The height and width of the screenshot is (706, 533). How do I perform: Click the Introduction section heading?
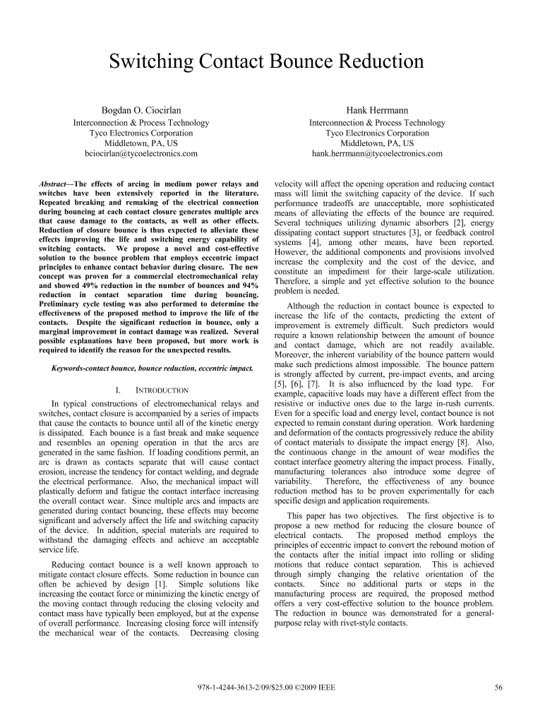coord(156,390)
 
